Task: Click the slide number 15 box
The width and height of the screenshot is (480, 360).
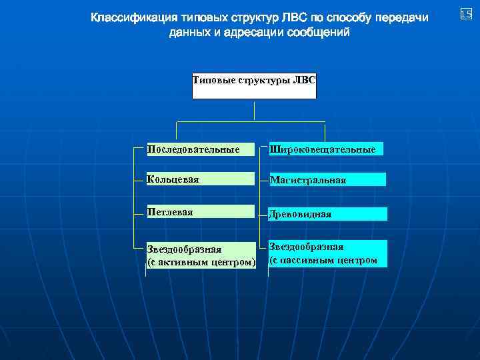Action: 466,15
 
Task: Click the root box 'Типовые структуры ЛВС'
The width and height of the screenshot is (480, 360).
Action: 254,86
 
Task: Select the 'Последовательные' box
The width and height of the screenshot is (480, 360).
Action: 201,149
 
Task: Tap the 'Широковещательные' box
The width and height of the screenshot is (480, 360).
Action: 327,149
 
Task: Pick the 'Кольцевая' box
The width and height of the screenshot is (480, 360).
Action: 201,179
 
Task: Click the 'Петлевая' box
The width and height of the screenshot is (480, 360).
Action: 201,212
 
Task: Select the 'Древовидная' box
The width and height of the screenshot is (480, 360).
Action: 327,214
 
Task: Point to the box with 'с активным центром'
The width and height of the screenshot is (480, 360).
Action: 201,255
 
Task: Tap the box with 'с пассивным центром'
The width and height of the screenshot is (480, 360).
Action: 327,254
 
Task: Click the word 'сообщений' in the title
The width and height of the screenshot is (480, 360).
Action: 317,33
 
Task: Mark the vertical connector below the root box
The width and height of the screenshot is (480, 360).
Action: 254,110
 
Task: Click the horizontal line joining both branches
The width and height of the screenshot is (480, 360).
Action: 250,122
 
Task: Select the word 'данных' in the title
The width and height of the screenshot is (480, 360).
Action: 189,33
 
